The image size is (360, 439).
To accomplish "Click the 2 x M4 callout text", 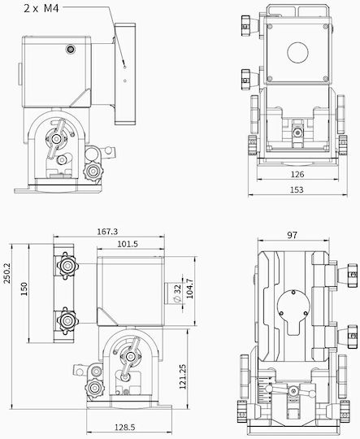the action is click(x=41, y=8).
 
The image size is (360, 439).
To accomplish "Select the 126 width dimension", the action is click(x=297, y=175).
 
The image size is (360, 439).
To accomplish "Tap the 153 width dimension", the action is click(x=297, y=189).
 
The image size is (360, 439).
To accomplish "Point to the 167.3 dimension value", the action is click(x=107, y=232).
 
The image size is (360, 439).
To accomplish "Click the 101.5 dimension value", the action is click(x=128, y=244).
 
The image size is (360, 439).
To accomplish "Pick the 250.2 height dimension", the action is click(x=7, y=273).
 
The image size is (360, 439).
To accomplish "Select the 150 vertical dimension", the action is click(x=24, y=289).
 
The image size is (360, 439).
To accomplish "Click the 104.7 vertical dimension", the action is click(x=189, y=289).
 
